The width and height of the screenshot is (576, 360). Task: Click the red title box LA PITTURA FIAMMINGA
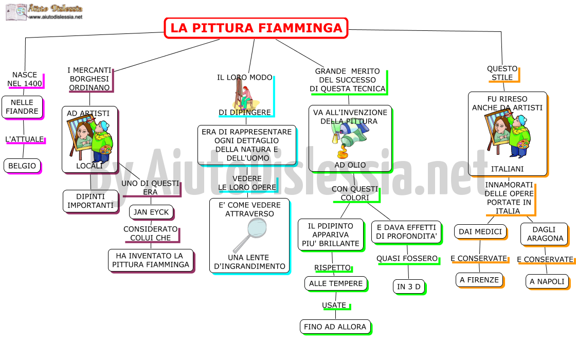point(256,28)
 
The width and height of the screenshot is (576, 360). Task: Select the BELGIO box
point(23,166)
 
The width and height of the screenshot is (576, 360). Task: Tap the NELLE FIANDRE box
point(23,107)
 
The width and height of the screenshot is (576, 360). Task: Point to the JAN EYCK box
point(151,212)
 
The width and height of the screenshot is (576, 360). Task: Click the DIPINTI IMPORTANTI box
point(91,201)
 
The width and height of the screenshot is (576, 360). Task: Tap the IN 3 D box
point(409,287)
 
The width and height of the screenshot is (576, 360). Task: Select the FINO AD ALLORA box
point(335,327)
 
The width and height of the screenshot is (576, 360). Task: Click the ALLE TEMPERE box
point(336,284)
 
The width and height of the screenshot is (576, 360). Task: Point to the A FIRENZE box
point(479,280)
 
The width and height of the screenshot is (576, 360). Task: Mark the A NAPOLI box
point(547,282)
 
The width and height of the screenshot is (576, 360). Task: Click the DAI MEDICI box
point(480,232)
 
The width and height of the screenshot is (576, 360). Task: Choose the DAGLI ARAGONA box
point(545,234)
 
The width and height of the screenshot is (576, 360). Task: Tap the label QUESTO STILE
point(502,73)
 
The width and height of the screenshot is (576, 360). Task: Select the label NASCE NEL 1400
point(25,79)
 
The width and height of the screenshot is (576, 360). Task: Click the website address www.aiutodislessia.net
point(56,17)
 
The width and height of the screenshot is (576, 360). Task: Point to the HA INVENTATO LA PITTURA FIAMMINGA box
point(151,260)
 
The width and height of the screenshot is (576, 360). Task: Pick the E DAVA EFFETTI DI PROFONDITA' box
point(407,232)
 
